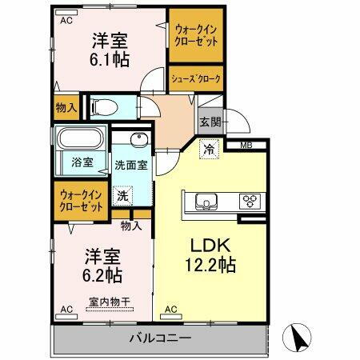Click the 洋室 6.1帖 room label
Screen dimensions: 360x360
(x=110, y=49)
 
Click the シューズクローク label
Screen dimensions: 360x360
(x=195, y=78)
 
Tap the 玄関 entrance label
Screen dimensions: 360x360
(x=210, y=122)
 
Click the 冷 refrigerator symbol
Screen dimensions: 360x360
(x=209, y=148)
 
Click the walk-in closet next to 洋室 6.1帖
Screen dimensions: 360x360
(x=195, y=35)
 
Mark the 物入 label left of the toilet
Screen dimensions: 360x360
(x=66, y=106)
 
